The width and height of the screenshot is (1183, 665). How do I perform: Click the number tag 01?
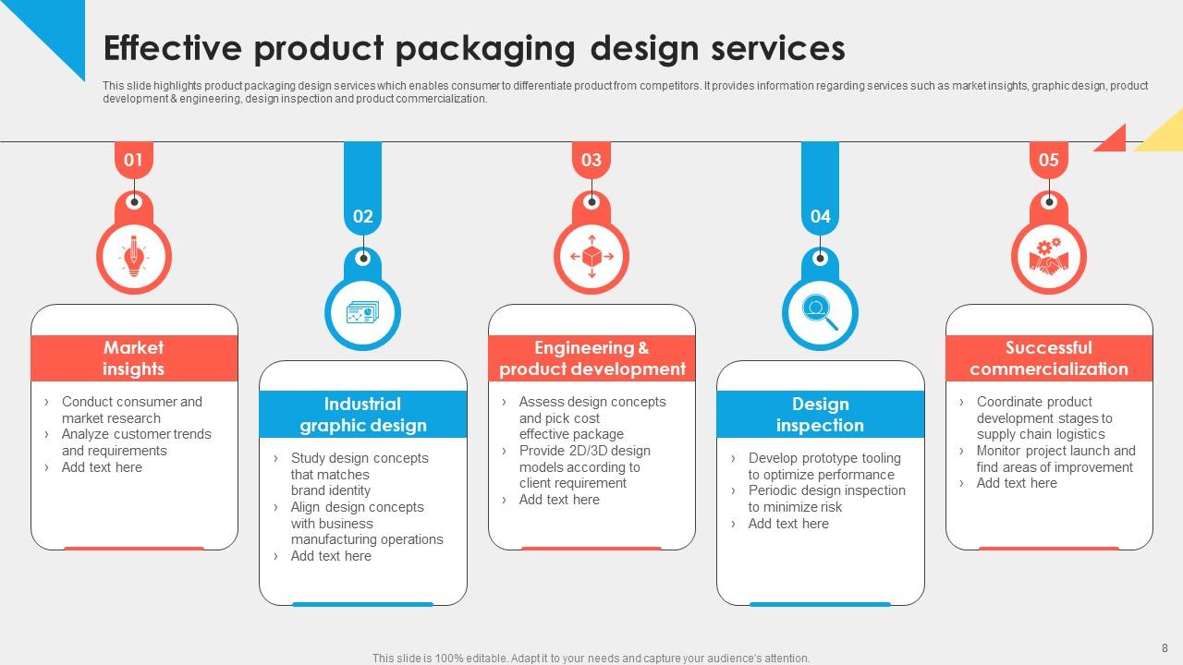pyautogui.click(x=134, y=161)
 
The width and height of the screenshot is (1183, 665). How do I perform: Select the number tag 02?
pyautogui.click(x=362, y=217)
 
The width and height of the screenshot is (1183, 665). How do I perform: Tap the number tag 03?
pyautogui.click(x=591, y=161)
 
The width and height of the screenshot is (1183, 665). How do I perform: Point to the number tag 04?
pyautogui.click(x=820, y=217)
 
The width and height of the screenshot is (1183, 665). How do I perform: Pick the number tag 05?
pyautogui.click(x=1048, y=161)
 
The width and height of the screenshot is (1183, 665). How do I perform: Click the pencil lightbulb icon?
pyautogui.click(x=134, y=256)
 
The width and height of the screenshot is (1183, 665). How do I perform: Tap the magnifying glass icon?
pyautogui.click(x=820, y=311)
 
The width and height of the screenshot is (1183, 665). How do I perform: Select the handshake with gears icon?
pyautogui.click(x=1048, y=256)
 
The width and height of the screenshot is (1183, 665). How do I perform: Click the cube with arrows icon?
pyautogui.click(x=591, y=256)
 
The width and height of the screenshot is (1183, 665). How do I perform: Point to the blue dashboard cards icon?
pyautogui.click(x=362, y=312)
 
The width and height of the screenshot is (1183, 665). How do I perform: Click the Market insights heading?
pyautogui.click(x=134, y=358)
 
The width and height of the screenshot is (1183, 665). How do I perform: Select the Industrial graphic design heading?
pyautogui.click(x=362, y=415)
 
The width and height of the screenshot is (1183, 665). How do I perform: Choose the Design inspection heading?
pyautogui.click(x=820, y=415)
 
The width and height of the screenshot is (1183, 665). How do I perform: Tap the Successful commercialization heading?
pyautogui.click(x=1048, y=358)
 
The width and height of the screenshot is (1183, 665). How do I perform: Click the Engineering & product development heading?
pyautogui.click(x=591, y=358)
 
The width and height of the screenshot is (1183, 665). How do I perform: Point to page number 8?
pyautogui.click(x=1165, y=647)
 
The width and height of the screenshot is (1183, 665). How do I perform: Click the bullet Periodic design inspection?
pyautogui.click(x=825, y=499)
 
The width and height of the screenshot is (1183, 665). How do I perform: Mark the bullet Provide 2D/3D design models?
pyautogui.click(x=584, y=466)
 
